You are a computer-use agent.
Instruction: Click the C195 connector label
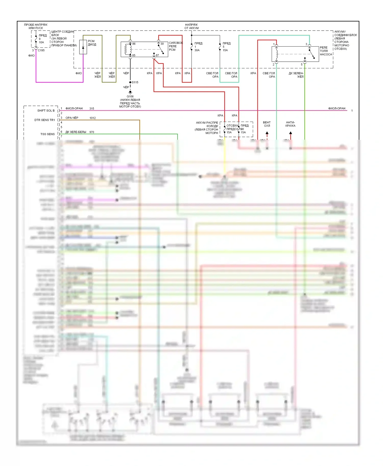pos(41,50)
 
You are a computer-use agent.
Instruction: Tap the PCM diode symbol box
pos(83,47)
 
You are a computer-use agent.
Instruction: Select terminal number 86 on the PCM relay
pos(134,44)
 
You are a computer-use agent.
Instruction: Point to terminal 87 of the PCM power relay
pos(157,55)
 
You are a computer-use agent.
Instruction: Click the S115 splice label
pos(135,82)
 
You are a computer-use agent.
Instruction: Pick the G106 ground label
pos(130,96)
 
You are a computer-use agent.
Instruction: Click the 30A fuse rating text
pos(197,50)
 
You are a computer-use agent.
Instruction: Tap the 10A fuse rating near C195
pos(41,42)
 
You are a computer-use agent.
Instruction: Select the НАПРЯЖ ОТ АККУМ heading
pos(191,26)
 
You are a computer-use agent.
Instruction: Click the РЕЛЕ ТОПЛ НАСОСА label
pos(326,51)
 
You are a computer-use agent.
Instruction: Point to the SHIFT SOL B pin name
pos(46,111)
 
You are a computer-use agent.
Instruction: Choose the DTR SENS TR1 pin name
pos(45,120)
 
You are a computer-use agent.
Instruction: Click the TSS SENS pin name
pos(47,134)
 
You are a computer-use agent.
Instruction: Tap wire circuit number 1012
pos(92,118)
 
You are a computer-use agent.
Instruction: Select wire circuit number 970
pos(92,132)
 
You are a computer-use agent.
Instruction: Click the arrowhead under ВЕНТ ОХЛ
pos(267,133)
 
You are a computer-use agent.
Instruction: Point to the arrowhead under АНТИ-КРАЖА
pos(290,133)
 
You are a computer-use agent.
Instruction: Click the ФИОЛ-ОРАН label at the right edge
pos(337,108)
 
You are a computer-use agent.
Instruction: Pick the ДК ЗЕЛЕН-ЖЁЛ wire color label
pos(296,75)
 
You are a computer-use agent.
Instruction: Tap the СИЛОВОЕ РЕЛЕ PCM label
pos(176,46)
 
